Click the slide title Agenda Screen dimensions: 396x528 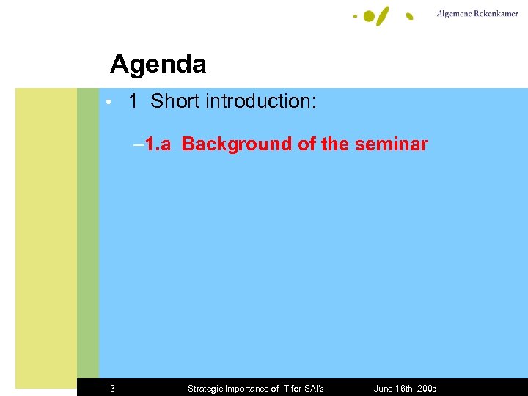click(x=158, y=65)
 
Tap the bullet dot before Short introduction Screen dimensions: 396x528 click(x=108, y=102)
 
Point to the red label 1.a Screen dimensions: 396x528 click(x=157, y=144)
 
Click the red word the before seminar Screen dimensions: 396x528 click(x=335, y=144)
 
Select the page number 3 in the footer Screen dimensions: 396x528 click(x=112, y=389)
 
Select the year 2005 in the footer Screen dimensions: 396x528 click(x=425, y=389)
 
